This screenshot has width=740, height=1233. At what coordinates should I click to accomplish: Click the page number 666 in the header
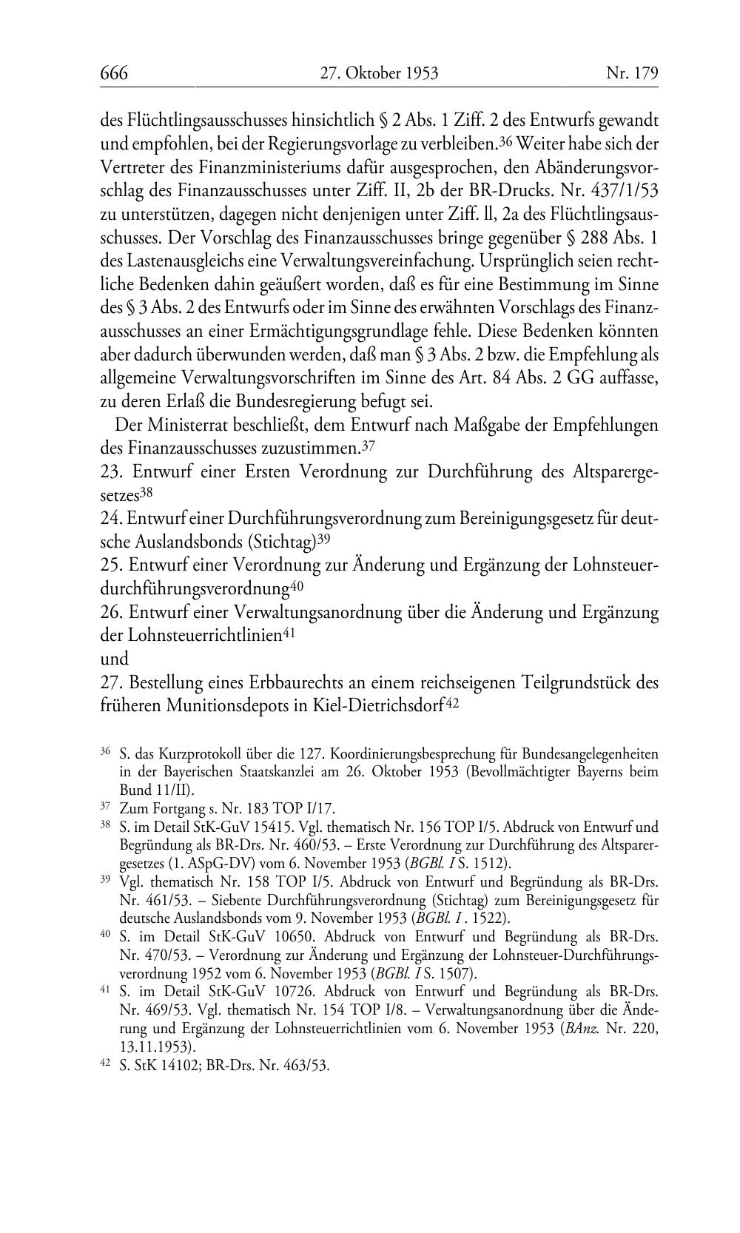pyautogui.click(x=114, y=73)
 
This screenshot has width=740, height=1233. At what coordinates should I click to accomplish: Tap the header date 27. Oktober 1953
pyautogui.click(x=379, y=73)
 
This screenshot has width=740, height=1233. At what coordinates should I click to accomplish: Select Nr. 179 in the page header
pyautogui.click(x=631, y=73)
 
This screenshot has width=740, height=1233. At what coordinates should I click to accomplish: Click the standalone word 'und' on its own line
pyautogui.click(x=114, y=658)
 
